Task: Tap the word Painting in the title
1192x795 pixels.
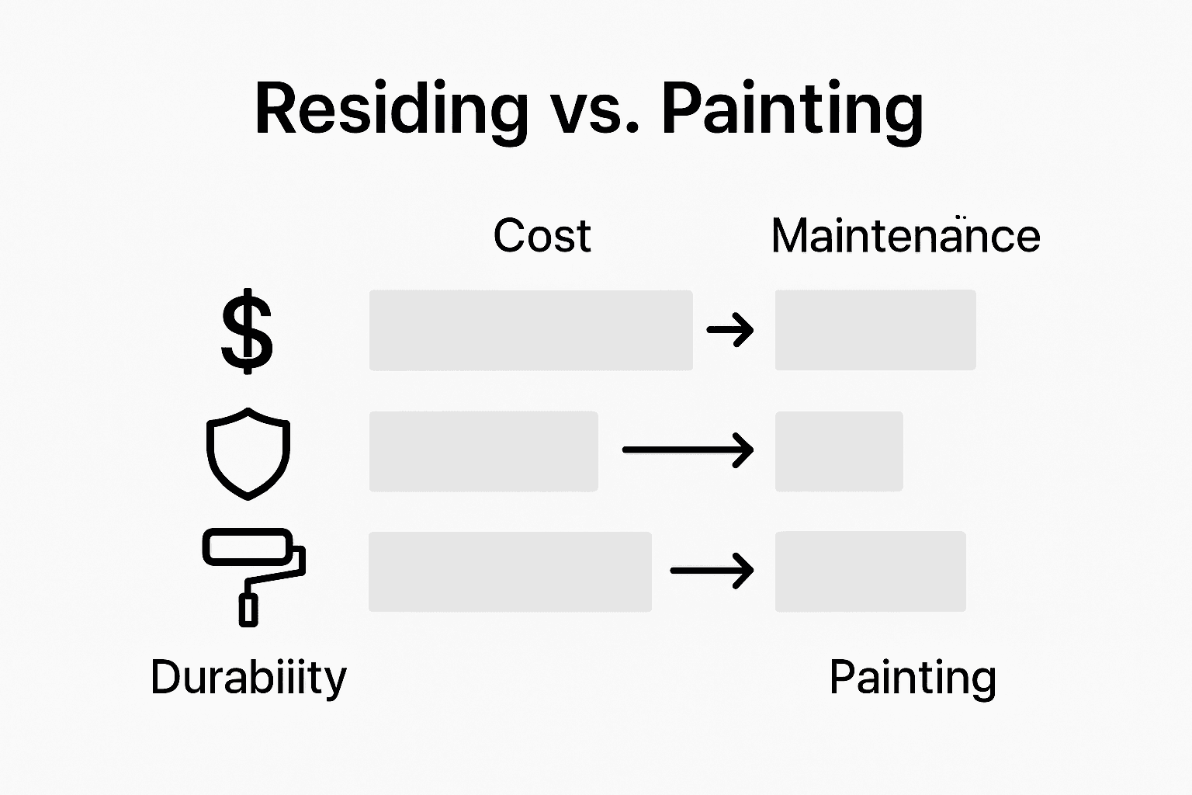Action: point(792,110)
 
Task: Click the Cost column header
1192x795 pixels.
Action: point(542,235)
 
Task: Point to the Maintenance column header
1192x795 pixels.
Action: point(905,235)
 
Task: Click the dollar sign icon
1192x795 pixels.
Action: point(247,331)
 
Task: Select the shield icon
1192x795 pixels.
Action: point(248,453)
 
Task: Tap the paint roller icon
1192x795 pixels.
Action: point(253,575)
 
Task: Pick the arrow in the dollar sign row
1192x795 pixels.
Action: point(730,330)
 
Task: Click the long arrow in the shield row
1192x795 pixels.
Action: point(688,450)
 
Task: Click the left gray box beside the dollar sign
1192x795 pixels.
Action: point(531,330)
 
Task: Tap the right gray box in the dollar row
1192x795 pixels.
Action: point(875,330)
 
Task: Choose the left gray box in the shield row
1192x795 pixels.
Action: point(483,451)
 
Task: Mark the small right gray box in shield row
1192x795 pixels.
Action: point(839,451)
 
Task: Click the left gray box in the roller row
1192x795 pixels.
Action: point(510,571)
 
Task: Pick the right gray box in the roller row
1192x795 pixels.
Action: point(870,571)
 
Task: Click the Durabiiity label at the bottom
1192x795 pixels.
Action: point(248,677)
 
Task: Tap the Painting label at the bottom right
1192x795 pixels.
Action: point(913,677)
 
